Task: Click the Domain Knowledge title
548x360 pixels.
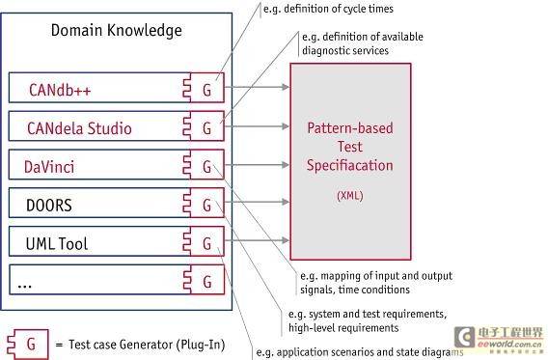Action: [x=117, y=31]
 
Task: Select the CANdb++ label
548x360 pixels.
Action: [x=60, y=90]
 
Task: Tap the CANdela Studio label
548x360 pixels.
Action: [x=79, y=128]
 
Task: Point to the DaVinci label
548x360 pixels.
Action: [x=49, y=167]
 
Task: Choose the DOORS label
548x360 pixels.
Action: [x=49, y=206]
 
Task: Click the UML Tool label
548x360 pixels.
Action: [x=57, y=243]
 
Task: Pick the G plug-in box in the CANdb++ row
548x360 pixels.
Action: [x=204, y=88]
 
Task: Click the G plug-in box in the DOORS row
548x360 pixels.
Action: [x=204, y=203]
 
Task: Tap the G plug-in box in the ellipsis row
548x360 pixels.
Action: [x=205, y=280]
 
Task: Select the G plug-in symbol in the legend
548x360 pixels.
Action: [x=28, y=345]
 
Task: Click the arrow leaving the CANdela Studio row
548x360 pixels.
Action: [x=257, y=126]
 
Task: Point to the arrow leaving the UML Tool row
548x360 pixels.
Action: [x=257, y=240]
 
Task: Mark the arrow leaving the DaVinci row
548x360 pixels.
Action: [x=257, y=165]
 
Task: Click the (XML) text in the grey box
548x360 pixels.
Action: [x=350, y=195]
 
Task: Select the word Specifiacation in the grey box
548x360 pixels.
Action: [x=350, y=166]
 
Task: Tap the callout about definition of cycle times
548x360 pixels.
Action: [x=328, y=9]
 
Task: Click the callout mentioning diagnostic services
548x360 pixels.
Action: [x=363, y=43]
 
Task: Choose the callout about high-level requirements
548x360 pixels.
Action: [x=368, y=320]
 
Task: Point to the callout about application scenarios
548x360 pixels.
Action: [x=360, y=352]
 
